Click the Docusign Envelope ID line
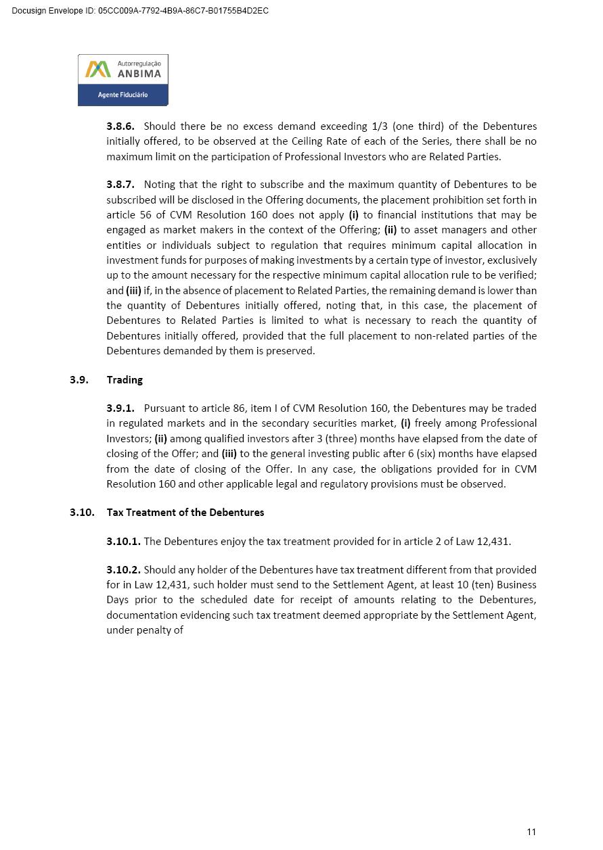pos(140,11)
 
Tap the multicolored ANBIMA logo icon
pos(97,69)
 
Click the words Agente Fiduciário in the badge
pos(122,95)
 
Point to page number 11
pos(531,832)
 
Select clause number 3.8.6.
pos(120,126)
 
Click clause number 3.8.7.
pos(120,185)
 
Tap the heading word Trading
pos(125,380)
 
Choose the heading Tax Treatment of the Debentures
pos(185,513)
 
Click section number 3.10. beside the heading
pos(82,513)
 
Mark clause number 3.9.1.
pos(120,408)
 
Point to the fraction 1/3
pos(380,126)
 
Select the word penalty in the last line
pos(155,630)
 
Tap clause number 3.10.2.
pos(123,570)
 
